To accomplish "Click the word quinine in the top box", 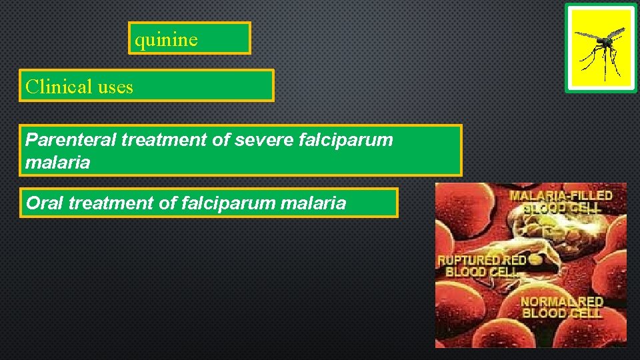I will tap(166, 39).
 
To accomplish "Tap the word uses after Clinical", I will tap(115, 87).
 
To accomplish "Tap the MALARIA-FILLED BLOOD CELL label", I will tap(561, 201).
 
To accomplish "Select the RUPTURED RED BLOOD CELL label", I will tap(481, 265).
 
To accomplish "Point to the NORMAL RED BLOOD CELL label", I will tap(562, 307).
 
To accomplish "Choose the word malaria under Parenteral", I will tap(57, 163).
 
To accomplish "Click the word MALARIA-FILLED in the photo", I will tap(561, 195).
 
